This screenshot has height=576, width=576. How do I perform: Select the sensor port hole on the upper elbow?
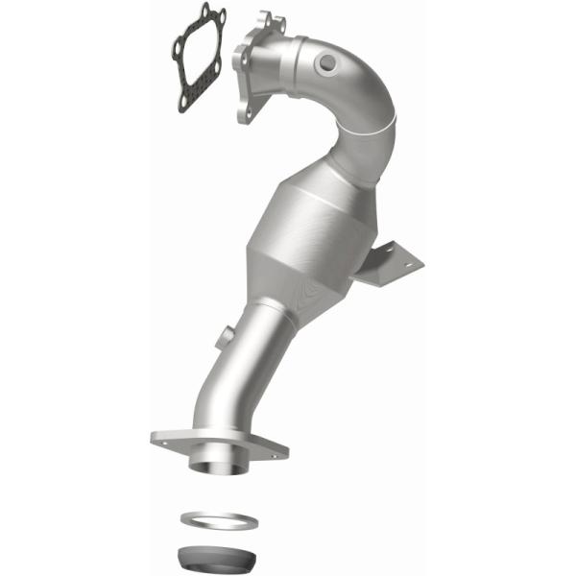(x=327, y=62)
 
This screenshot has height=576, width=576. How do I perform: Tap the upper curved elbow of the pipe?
(x=355, y=91)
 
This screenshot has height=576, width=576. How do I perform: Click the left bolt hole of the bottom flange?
(x=166, y=437)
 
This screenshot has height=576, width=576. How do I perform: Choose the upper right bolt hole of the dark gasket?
(x=220, y=16)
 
